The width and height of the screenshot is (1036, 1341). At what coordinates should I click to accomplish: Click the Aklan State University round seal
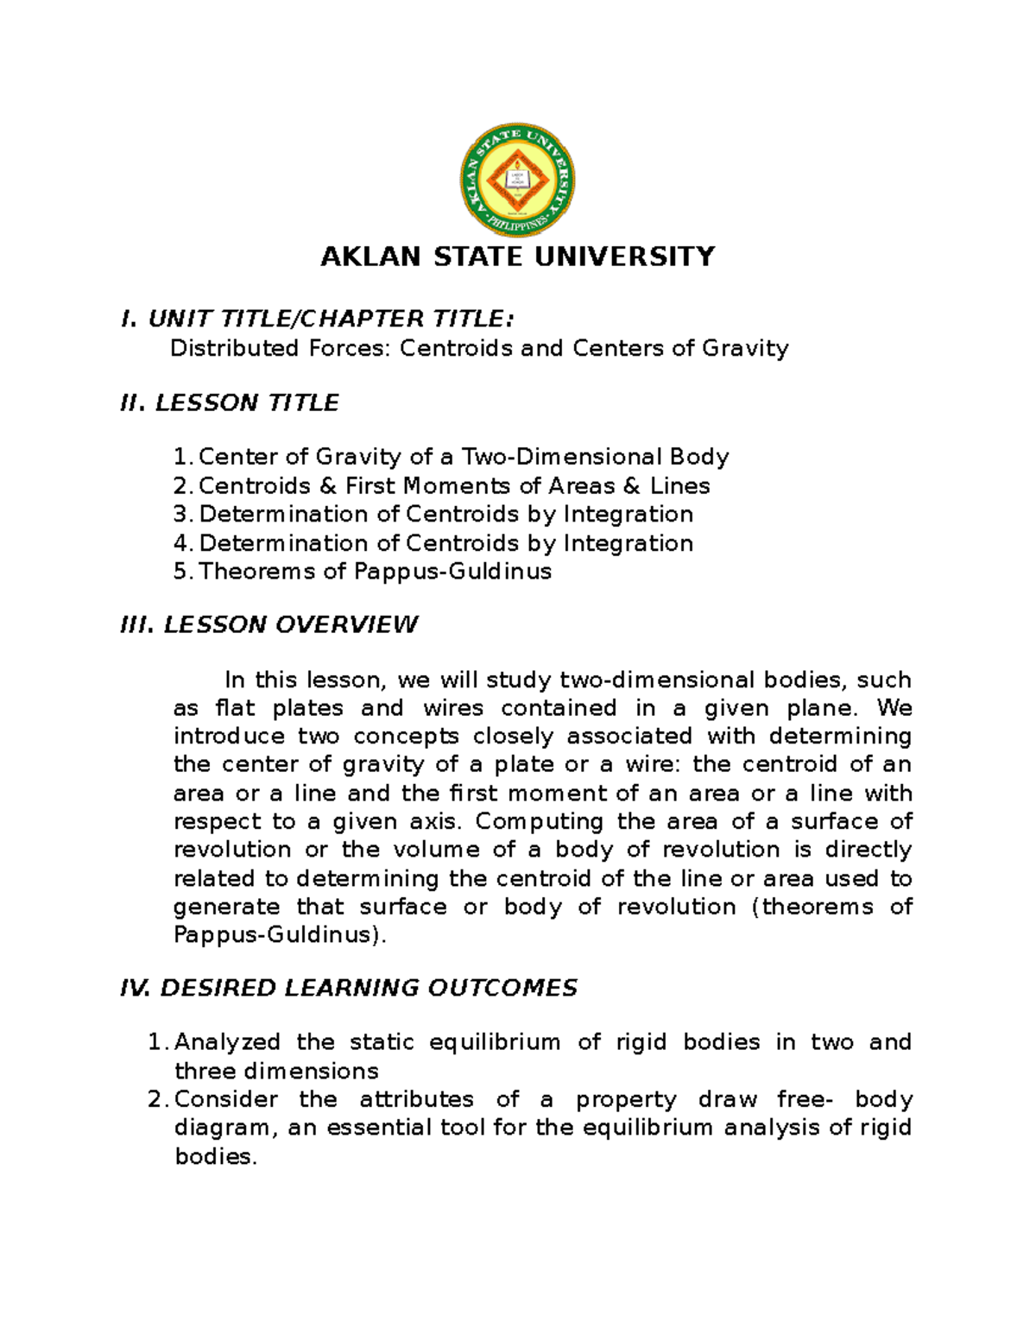pyautogui.click(x=517, y=180)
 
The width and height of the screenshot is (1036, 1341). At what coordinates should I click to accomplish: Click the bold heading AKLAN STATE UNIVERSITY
pyautogui.click(x=517, y=256)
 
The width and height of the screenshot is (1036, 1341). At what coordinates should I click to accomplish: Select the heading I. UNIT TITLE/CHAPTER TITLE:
pyautogui.click(x=318, y=319)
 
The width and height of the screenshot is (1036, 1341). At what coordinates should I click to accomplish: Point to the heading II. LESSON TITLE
pyautogui.click(x=230, y=402)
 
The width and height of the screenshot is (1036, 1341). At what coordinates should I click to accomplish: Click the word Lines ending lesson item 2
pyautogui.click(x=679, y=485)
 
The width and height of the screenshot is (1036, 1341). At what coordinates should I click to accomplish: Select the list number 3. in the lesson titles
pyautogui.click(x=182, y=514)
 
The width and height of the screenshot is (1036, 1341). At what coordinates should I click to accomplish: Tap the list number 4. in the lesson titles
pyautogui.click(x=182, y=543)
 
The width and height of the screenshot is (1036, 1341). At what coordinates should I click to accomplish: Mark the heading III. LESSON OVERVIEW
pyautogui.click(x=269, y=624)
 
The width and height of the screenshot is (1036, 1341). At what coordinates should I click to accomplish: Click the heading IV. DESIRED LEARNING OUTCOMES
pyautogui.click(x=349, y=988)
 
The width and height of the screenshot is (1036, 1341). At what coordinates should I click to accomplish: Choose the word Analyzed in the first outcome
pyautogui.click(x=227, y=1042)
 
